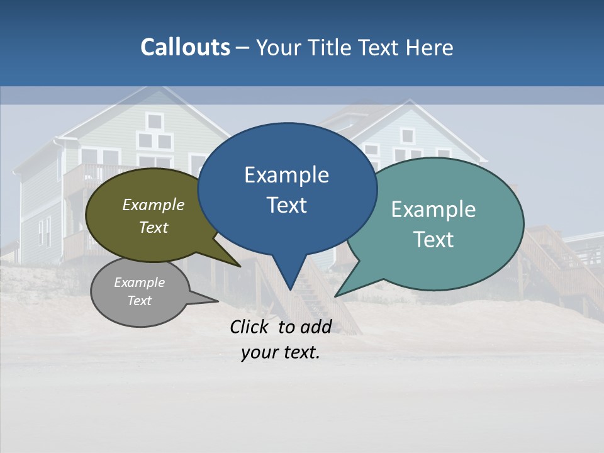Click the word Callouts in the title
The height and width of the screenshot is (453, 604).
tap(185, 47)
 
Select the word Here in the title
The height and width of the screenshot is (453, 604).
tap(430, 48)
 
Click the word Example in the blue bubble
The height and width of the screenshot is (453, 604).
tap(286, 175)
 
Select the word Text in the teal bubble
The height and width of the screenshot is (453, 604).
tap(433, 240)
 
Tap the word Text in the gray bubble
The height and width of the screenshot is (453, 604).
tap(140, 301)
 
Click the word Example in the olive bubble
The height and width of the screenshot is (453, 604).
tap(154, 205)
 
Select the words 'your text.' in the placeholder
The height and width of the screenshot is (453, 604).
tap(281, 352)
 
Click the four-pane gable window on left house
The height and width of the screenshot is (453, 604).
tap(154, 131)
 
